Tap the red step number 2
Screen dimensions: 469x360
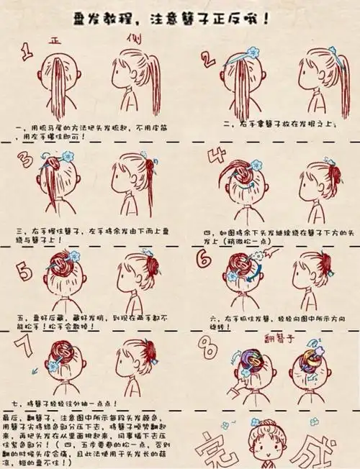(x=208, y=59)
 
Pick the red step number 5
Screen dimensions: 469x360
(x=25, y=273)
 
